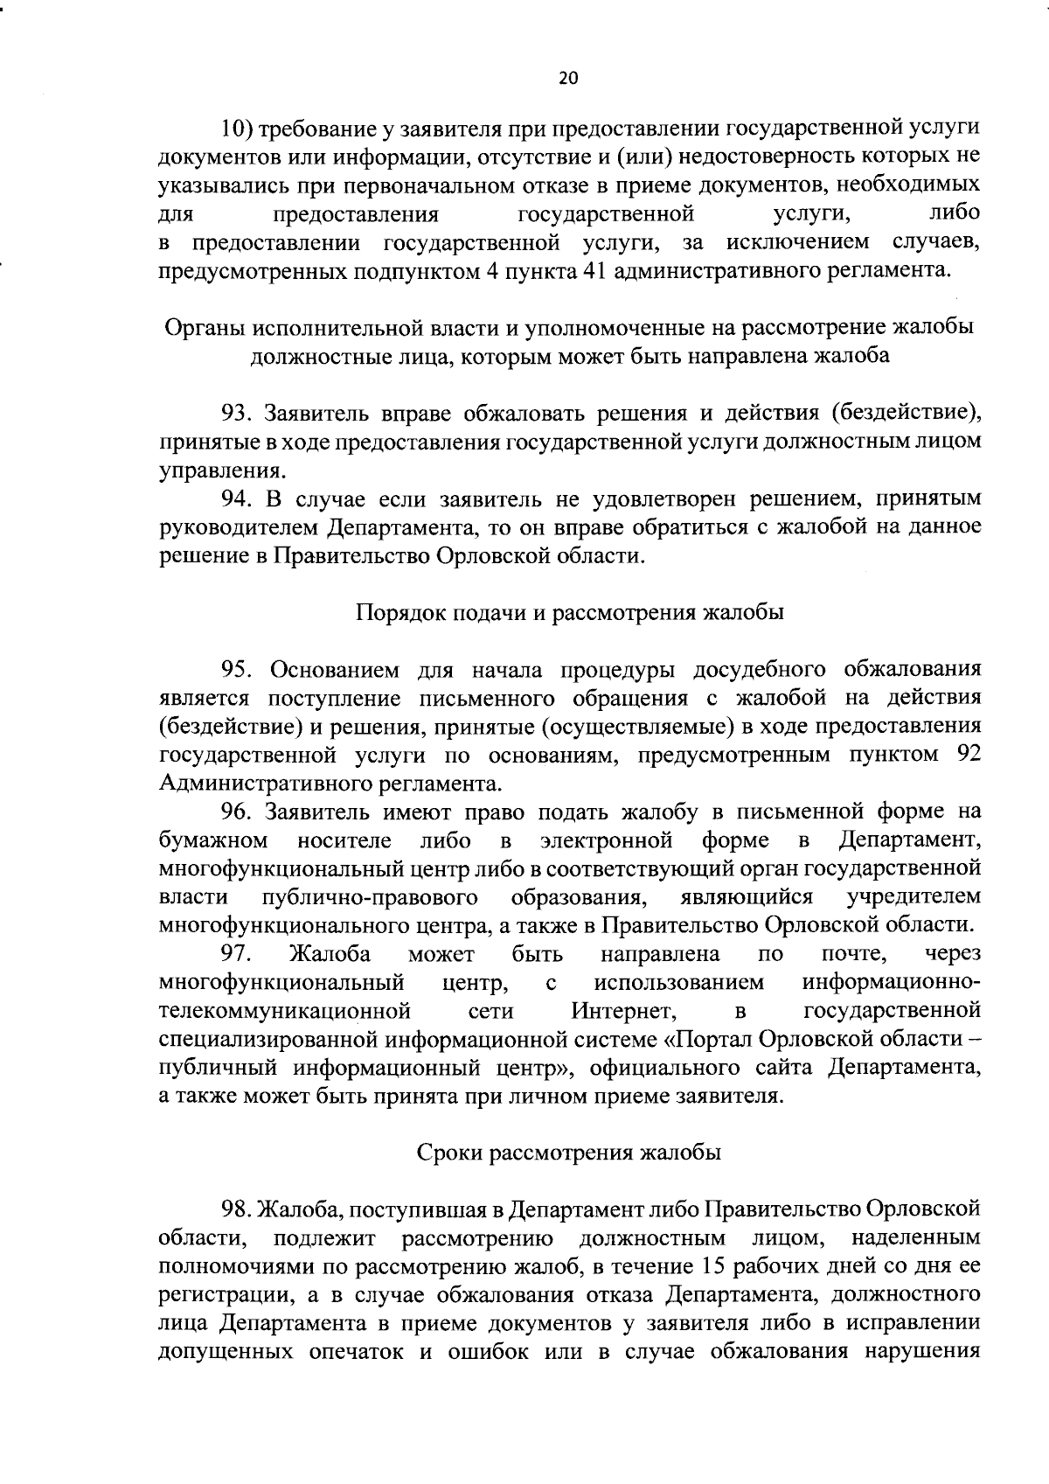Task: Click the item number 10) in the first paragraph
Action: (236, 129)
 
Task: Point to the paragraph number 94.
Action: (237, 498)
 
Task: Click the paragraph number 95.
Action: (237, 670)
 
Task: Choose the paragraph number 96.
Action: (237, 812)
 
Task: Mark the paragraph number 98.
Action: (237, 1209)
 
